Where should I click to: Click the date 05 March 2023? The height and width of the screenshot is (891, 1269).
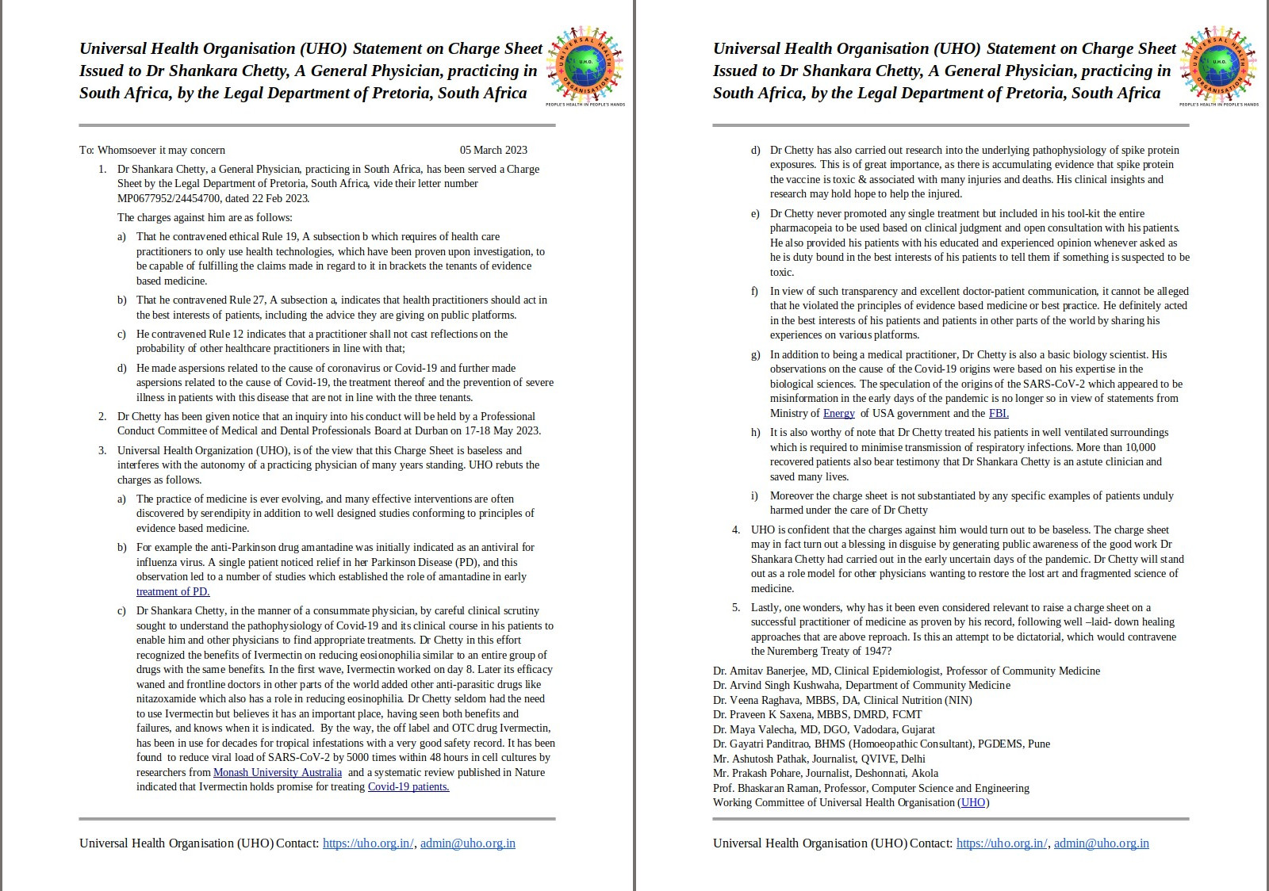click(x=493, y=150)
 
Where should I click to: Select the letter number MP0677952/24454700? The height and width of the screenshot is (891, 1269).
click(x=170, y=198)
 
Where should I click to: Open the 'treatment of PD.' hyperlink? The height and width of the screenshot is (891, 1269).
click(x=173, y=591)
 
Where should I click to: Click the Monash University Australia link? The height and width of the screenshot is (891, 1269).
click(x=278, y=772)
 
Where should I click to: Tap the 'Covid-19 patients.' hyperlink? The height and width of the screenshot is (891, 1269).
click(x=408, y=786)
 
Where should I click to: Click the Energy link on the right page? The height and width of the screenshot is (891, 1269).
click(x=838, y=413)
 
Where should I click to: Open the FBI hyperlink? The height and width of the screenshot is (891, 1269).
click(x=999, y=413)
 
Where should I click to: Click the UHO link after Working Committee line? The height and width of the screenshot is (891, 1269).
click(x=973, y=802)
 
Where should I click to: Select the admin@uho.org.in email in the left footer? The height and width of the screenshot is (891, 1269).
click(x=468, y=843)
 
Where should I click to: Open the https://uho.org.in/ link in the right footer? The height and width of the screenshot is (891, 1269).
click(x=1001, y=843)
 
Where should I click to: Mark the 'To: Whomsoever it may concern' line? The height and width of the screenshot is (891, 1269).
click(x=152, y=150)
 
